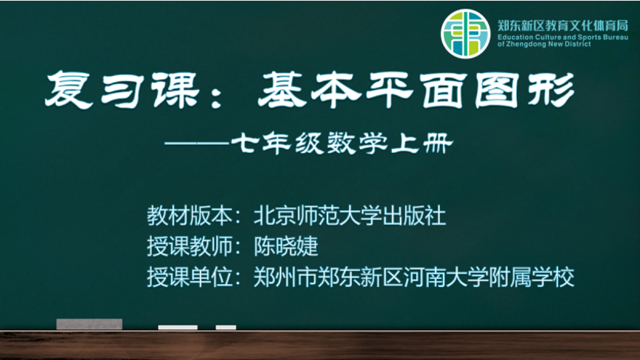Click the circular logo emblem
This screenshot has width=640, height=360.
465,34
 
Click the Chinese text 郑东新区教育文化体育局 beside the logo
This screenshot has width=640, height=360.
563,26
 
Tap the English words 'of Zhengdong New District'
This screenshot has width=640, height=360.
544,44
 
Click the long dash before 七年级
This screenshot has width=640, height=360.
197,144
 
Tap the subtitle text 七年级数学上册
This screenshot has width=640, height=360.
342,144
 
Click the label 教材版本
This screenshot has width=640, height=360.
190,216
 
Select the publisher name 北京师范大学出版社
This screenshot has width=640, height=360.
350,216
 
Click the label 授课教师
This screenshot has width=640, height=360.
190,246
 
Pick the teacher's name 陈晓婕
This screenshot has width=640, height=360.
285,246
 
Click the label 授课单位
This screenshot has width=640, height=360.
190,277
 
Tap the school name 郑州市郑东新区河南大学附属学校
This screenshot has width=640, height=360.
414,277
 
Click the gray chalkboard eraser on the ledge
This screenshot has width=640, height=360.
89,324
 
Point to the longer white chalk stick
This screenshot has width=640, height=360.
178,327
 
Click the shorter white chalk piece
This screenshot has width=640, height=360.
226,327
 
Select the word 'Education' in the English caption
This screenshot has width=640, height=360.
513,37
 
